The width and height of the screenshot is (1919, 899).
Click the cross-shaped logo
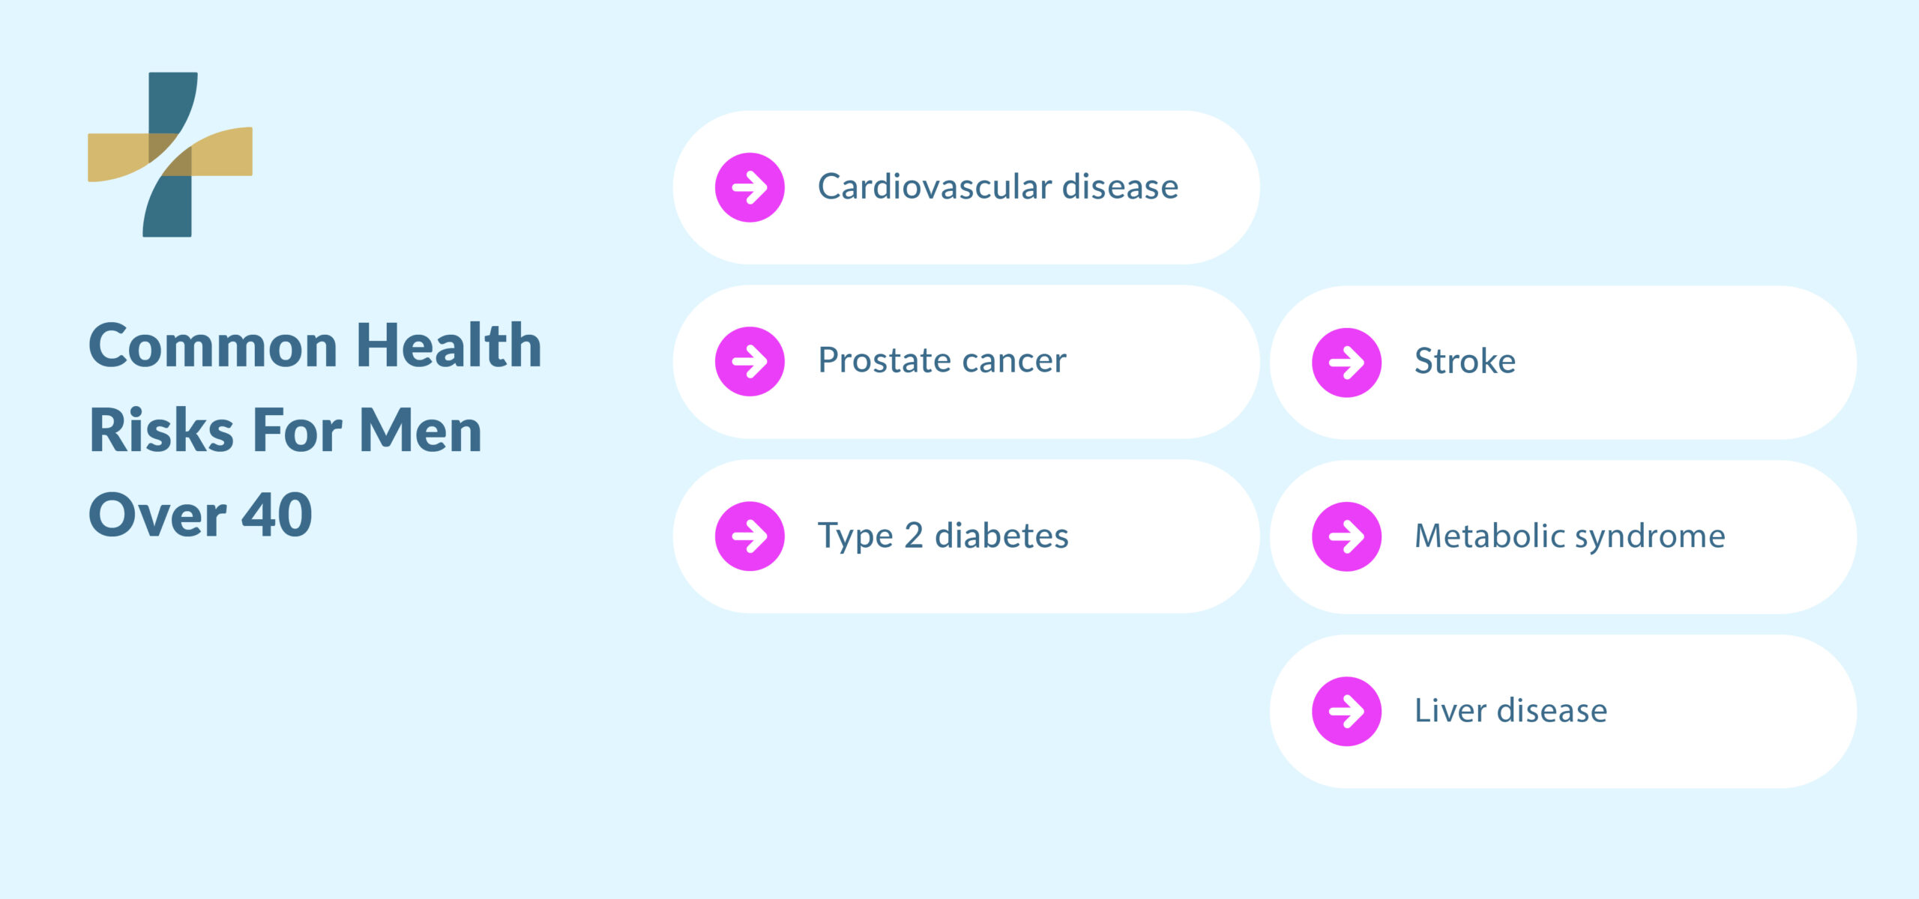pyautogui.click(x=170, y=154)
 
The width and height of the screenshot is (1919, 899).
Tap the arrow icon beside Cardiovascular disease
pyautogui.click(x=750, y=187)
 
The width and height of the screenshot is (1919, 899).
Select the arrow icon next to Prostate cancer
pyautogui.click(x=750, y=361)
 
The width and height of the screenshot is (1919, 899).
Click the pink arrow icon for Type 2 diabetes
pyautogui.click(x=750, y=536)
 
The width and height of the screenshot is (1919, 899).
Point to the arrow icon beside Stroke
pyautogui.click(x=1346, y=363)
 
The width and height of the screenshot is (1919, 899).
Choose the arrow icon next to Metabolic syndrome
pyautogui.click(x=1346, y=536)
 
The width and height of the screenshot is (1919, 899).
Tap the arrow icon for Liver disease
pyautogui.click(x=1346, y=712)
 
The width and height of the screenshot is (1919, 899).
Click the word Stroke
pyautogui.click(x=1465, y=361)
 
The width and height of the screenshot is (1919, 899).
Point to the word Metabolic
pyautogui.click(x=1488, y=536)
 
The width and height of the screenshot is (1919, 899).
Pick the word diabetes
pyautogui.click(x=1001, y=536)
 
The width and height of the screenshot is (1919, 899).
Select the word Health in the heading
pyautogui.click(x=449, y=345)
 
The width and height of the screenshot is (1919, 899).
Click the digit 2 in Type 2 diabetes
pyautogui.click(x=913, y=536)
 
